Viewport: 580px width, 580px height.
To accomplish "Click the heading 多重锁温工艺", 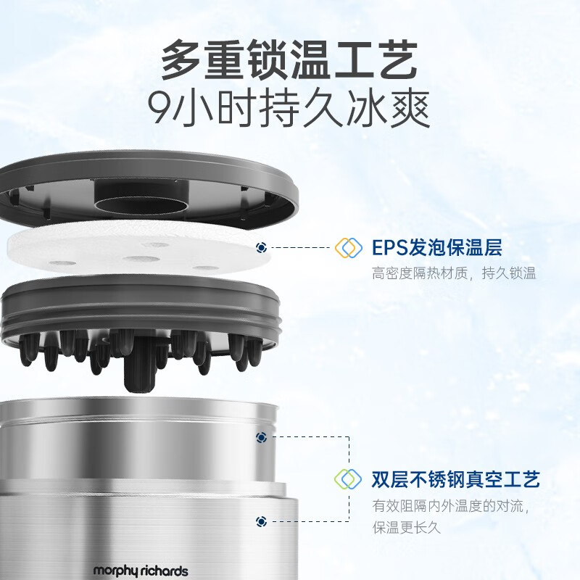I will [x=289, y=59].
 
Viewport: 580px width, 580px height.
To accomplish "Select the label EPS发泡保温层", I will [x=436, y=248].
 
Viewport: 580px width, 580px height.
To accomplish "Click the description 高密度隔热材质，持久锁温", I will [x=454, y=274].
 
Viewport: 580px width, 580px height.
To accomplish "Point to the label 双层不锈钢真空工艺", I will [x=455, y=479].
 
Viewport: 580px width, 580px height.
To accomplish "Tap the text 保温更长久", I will [x=407, y=527].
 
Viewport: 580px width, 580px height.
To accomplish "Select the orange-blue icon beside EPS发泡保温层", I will [x=348, y=248].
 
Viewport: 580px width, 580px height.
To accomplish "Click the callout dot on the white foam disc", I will [x=261, y=248].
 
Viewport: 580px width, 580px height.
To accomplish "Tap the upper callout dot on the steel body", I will [x=261, y=437].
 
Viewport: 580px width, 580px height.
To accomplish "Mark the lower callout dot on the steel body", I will [x=261, y=521].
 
